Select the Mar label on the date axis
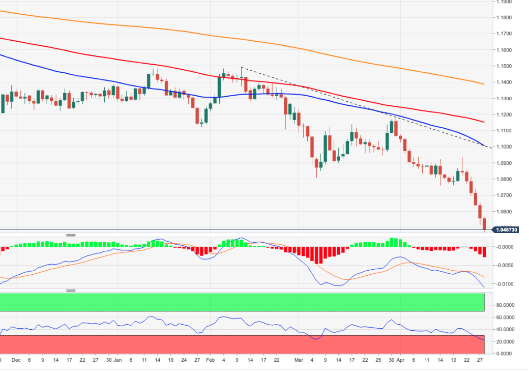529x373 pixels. click(x=299, y=360)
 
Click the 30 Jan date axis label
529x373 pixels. click(x=113, y=360)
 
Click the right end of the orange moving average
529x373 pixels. click(x=483, y=84)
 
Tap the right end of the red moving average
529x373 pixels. click(x=483, y=122)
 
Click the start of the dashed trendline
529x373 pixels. click(x=241, y=67)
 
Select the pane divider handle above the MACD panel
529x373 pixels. click(x=71, y=235)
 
